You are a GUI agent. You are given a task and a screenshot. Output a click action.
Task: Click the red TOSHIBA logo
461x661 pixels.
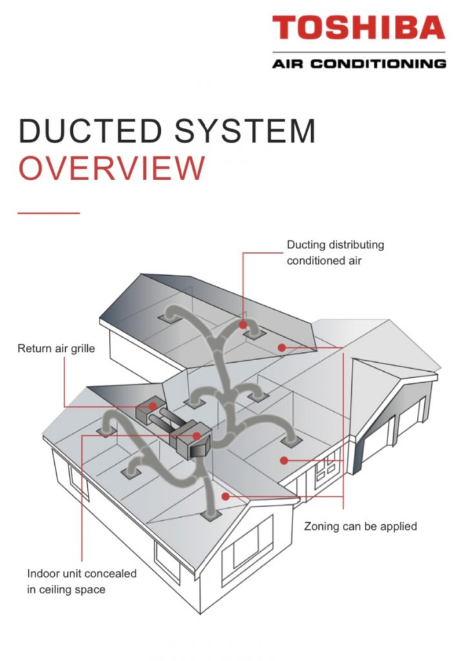pyautogui.click(x=358, y=28)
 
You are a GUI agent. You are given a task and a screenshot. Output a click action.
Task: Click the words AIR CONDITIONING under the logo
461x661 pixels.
pyautogui.click(x=358, y=64)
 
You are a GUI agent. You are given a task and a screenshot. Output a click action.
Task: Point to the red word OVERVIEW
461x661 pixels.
pyautogui.click(x=111, y=168)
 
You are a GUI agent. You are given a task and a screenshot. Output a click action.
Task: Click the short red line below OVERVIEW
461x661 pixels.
pyautogui.click(x=48, y=212)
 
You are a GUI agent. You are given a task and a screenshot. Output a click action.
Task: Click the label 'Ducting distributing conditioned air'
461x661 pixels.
pyautogui.click(x=335, y=253)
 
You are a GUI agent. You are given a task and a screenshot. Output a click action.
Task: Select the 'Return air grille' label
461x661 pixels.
pyautogui.click(x=56, y=349)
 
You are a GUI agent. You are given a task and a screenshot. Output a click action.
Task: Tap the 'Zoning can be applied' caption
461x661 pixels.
pyautogui.click(x=360, y=526)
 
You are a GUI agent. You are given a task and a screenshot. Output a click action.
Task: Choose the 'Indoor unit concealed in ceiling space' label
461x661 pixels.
pyautogui.click(x=81, y=581)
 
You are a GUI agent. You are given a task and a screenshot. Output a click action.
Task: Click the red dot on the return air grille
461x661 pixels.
pyautogui.click(x=153, y=406)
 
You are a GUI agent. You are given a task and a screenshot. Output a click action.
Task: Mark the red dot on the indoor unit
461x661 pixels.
pyautogui.click(x=196, y=436)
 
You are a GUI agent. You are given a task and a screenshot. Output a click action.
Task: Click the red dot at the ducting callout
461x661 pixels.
pyautogui.click(x=243, y=325)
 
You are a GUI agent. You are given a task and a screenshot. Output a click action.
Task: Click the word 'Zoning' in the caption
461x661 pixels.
pyautogui.click(x=321, y=526)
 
